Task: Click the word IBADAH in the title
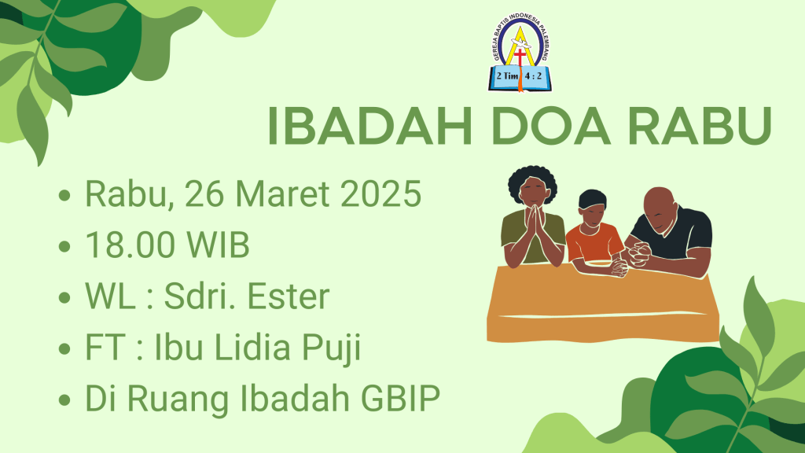point(369,126)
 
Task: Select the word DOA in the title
point(551,126)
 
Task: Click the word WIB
point(218,245)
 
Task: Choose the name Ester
point(289,296)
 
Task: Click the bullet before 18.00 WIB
point(64,246)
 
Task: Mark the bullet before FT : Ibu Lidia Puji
point(64,349)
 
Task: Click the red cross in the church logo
point(520,57)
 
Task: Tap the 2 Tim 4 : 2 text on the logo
point(519,76)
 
